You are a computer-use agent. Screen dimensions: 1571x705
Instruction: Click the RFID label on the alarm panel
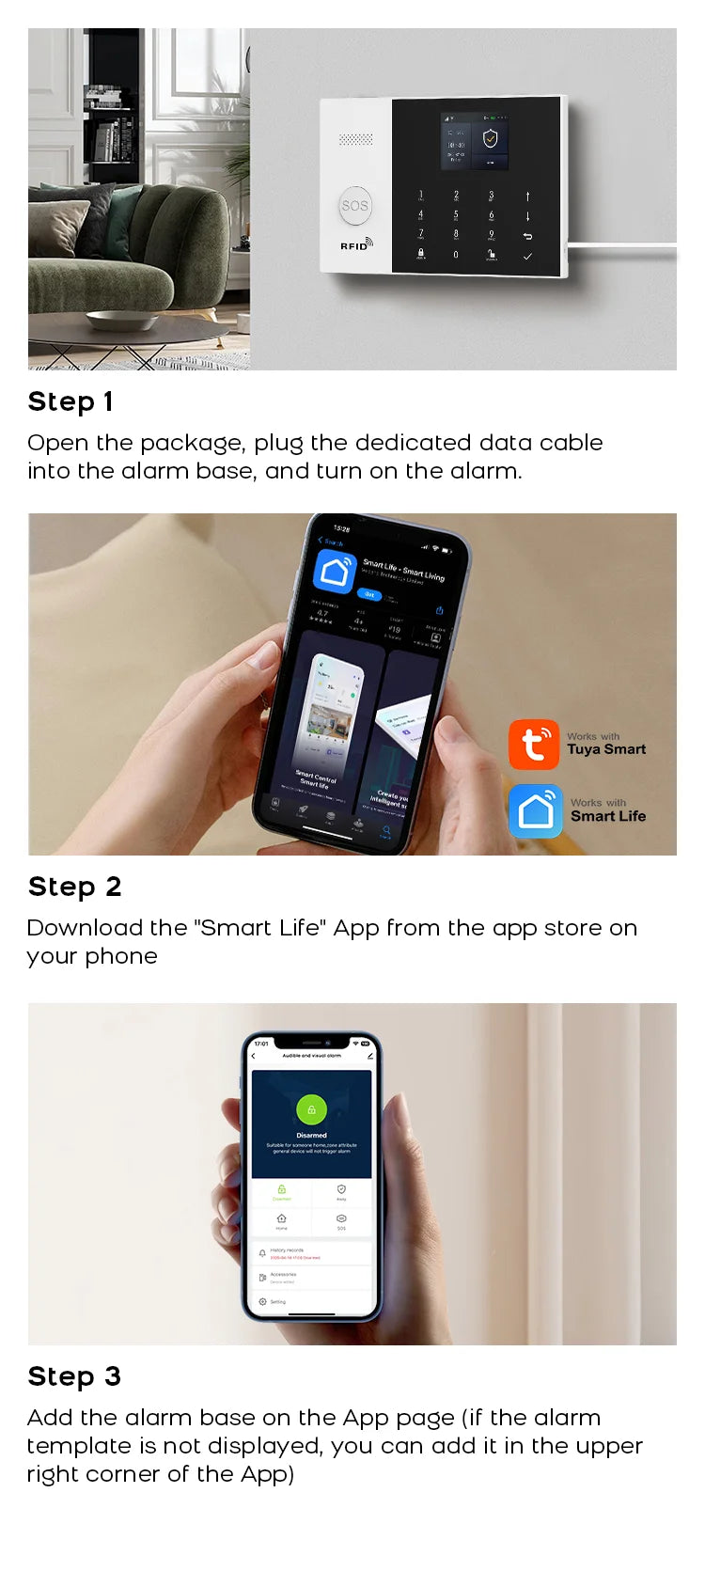(354, 245)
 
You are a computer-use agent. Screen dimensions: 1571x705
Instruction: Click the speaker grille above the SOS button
(355, 140)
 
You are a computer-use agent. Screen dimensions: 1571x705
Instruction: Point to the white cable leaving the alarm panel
(620, 248)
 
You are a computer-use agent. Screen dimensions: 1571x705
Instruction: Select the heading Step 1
(70, 401)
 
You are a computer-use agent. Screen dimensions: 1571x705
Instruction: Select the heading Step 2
(75, 887)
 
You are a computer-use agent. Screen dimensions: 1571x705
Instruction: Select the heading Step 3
(75, 1376)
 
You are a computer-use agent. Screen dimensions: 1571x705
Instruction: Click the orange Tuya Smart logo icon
(534, 745)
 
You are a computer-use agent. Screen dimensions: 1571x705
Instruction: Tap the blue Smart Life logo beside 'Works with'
(536, 810)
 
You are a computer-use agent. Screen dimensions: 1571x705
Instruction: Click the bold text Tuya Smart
(606, 749)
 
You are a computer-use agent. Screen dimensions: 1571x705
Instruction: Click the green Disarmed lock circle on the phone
(311, 1109)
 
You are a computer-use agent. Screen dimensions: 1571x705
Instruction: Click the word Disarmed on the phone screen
(311, 1135)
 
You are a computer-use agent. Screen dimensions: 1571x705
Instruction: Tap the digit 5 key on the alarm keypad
(456, 215)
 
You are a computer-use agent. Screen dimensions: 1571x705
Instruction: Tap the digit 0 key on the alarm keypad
(456, 254)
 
